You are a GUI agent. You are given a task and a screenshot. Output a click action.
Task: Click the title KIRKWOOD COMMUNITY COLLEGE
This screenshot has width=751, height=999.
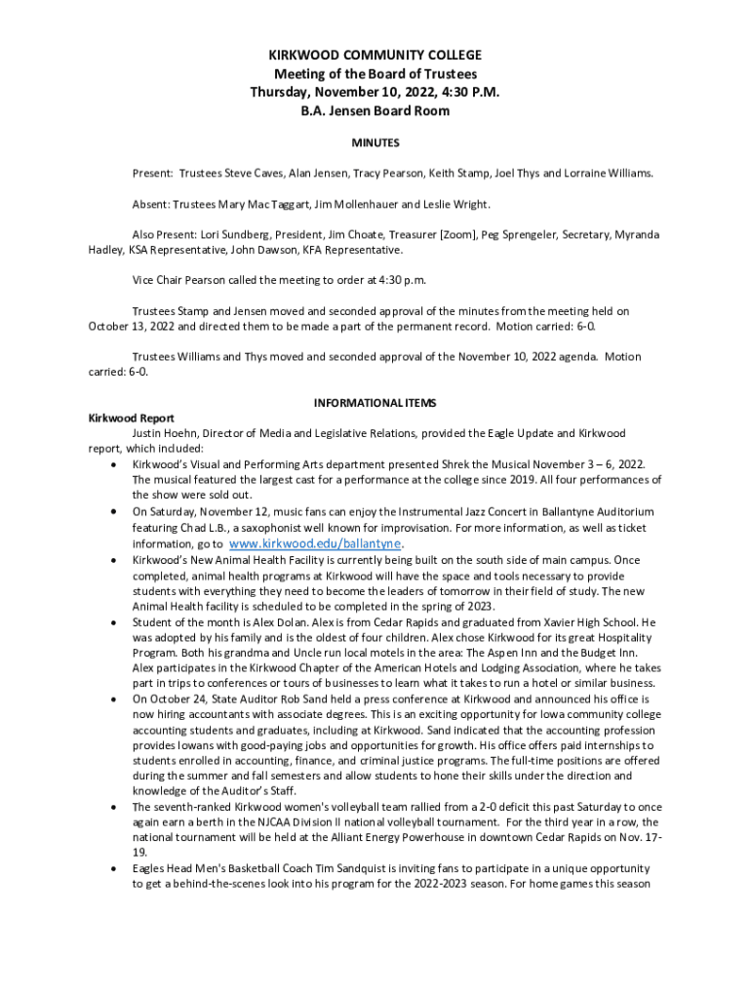tap(375, 56)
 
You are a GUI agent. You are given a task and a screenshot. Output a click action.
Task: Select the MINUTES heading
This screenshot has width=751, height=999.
tap(375, 142)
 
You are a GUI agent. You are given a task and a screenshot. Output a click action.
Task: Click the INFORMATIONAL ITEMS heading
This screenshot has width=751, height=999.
tap(375, 403)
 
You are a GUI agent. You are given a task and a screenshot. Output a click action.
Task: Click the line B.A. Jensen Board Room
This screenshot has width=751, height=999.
tap(375, 111)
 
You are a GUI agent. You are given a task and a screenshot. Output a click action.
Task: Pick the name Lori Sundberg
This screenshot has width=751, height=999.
tap(236, 235)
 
